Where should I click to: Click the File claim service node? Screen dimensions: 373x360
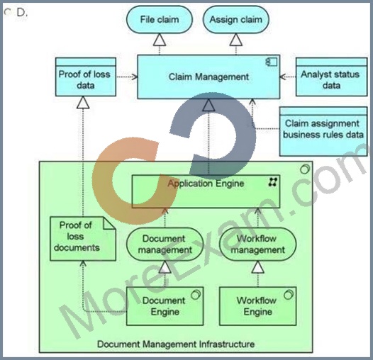click(x=159, y=20)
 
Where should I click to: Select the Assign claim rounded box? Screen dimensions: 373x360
click(x=235, y=20)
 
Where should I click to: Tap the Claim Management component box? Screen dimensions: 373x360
click(x=208, y=77)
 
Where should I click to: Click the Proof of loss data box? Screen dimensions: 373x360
click(x=86, y=77)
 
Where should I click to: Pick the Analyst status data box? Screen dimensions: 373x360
click(x=332, y=77)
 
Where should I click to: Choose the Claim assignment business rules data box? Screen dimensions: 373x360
click(x=323, y=132)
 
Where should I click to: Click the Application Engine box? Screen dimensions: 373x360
click(x=206, y=191)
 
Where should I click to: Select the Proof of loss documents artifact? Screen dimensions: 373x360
click(x=83, y=239)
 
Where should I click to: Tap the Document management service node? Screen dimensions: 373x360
click(x=165, y=244)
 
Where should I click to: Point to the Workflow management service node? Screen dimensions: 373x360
click(x=258, y=244)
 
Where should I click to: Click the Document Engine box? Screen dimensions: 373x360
click(x=165, y=306)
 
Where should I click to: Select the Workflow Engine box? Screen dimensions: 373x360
click(x=258, y=306)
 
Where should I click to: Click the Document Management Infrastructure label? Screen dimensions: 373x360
click(x=176, y=344)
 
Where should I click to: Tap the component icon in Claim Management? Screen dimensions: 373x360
click(x=272, y=62)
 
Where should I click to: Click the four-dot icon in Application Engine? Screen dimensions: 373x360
click(x=272, y=182)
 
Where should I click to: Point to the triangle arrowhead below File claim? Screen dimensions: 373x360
click(x=160, y=40)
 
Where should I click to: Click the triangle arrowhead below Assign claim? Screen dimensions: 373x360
click(x=236, y=40)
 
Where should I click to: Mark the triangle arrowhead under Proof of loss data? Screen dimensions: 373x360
click(x=83, y=103)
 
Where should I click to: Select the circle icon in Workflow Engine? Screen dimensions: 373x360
click(x=289, y=294)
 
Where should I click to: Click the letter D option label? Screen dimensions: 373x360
click(x=21, y=13)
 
